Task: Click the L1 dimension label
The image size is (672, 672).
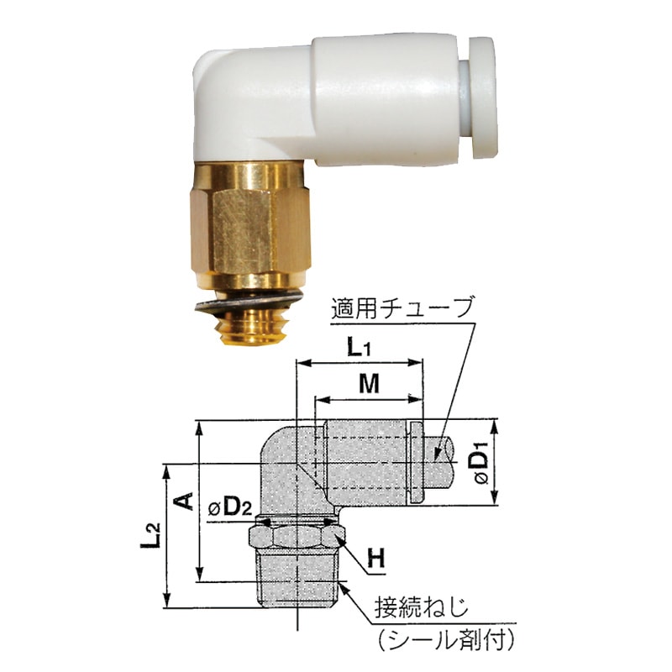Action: point(359,346)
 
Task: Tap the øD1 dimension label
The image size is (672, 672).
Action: point(480,467)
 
